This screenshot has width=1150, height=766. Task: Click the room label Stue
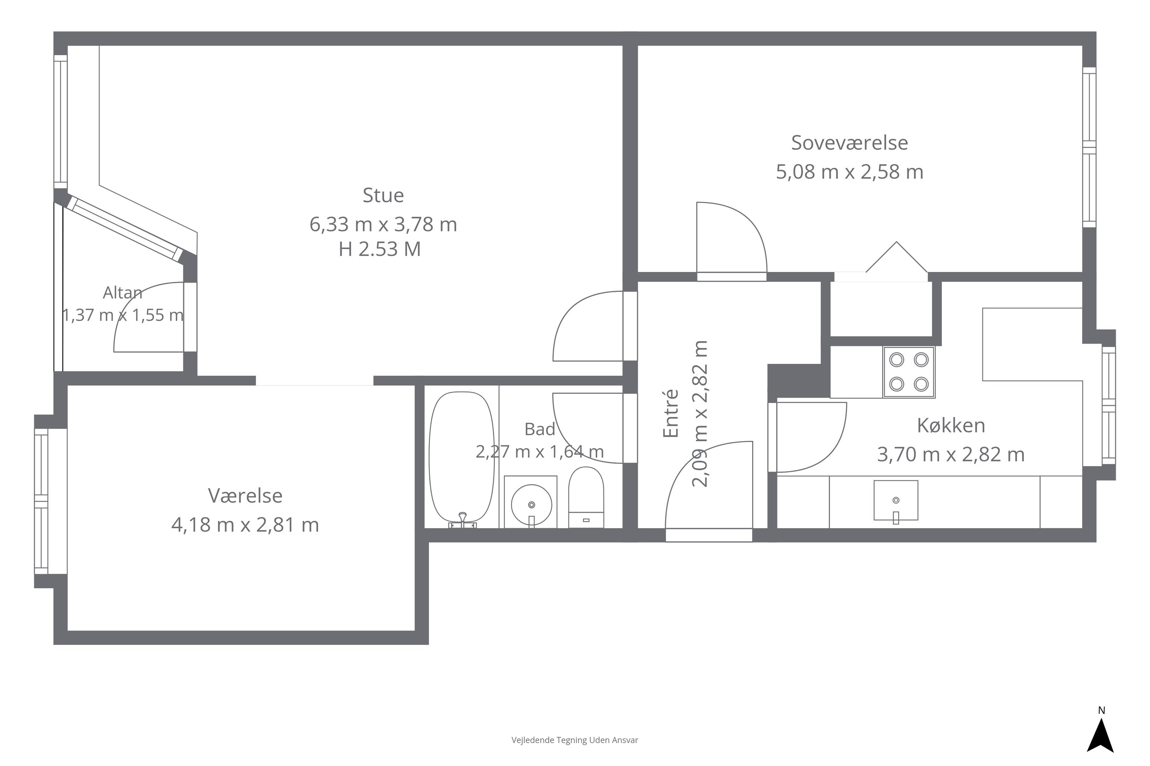pyautogui.click(x=383, y=195)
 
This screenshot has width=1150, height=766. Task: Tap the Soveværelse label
pyautogui.click(x=850, y=142)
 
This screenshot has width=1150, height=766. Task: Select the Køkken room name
pyautogui.click(x=951, y=426)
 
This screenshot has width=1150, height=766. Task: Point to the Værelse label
pyautogui.click(x=245, y=496)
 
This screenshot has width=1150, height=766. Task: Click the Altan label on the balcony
pyautogui.click(x=123, y=293)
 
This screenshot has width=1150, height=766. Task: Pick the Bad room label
pyautogui.click(x=540, y=429)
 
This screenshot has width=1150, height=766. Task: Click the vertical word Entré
pyautogui.click(x=671, y=413)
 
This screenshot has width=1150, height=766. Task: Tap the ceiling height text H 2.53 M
pyautogui.click(x=380, y=249)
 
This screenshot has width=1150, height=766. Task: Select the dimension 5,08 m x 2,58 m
pyautogui.click(x=850, y=172)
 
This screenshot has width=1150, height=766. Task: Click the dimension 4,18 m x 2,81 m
pyautogui.click(x=245, y=525)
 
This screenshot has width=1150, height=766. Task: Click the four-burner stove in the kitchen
pyautogui.click(x=909, y=372)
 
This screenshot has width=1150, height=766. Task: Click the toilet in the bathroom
pyautogui.click(x=586, y=497)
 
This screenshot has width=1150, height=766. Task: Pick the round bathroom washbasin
pyautogui.click(x=531, y=505)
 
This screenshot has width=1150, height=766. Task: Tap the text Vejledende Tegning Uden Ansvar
pyautogui.click(x=575, y=740)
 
